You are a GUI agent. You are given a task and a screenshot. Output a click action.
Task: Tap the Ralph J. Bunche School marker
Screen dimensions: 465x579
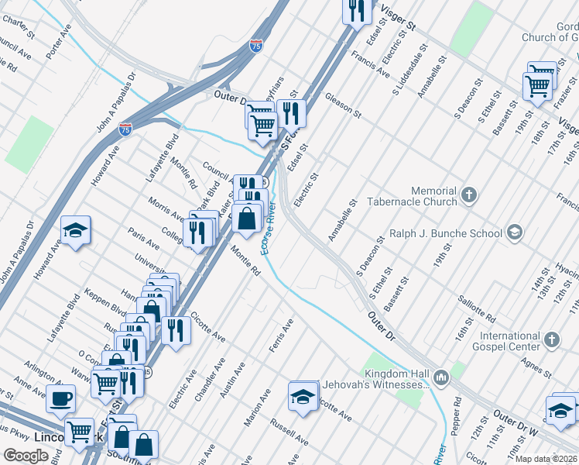click(515, 232)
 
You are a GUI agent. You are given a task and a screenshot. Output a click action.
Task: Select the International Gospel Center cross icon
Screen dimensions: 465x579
click(551, 339)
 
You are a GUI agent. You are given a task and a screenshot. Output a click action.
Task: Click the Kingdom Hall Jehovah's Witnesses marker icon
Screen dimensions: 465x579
click(441, 377)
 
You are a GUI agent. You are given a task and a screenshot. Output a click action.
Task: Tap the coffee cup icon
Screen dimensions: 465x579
click(60, 399)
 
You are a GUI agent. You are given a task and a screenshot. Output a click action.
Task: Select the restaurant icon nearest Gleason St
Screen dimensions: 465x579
click(291, 112)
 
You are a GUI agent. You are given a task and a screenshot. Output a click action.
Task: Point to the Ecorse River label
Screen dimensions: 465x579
click(269, 229)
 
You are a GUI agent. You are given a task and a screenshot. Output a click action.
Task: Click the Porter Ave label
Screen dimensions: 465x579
click(57, 46)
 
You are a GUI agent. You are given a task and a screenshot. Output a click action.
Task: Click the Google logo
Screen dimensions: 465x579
click(26, 456)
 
